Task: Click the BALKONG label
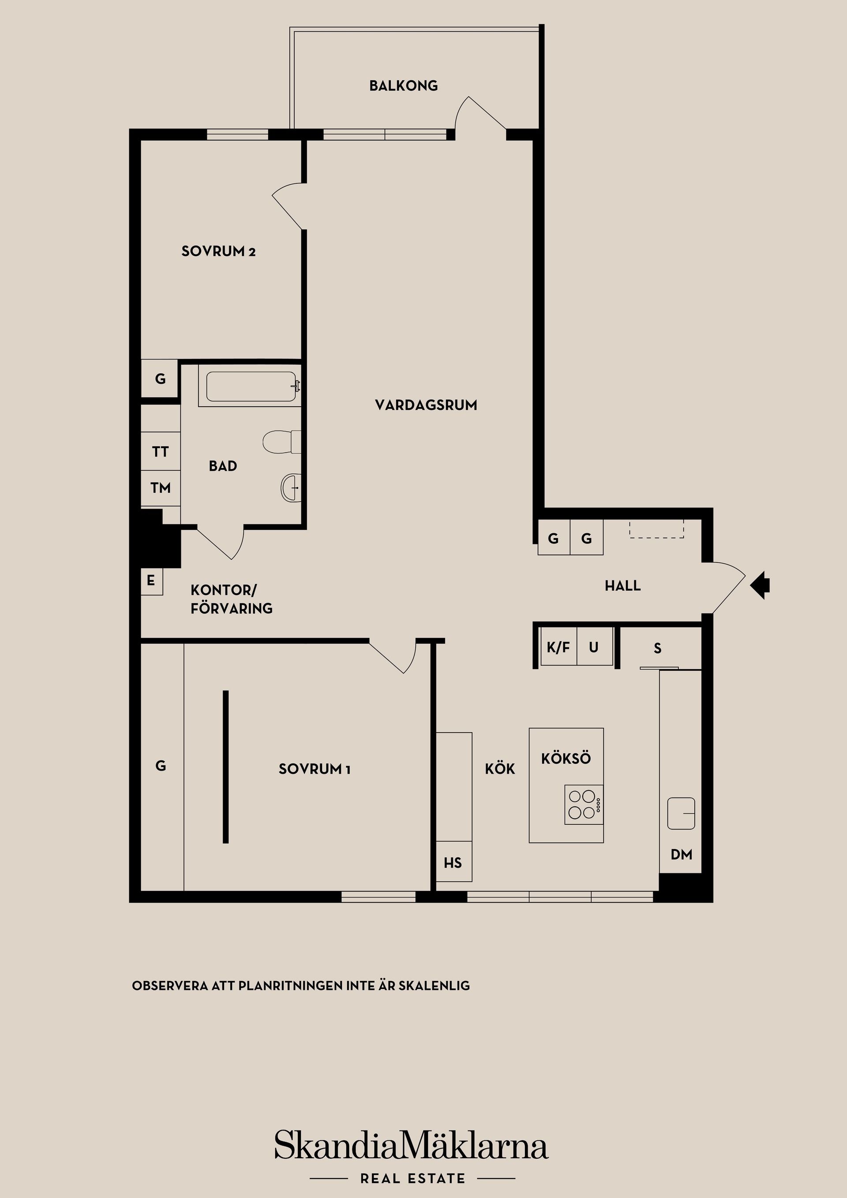403,86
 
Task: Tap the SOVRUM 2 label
219,251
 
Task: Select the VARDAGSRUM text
426,405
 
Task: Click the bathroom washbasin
291,487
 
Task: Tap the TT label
161,451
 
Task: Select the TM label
161,488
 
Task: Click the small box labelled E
152,581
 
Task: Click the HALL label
622,586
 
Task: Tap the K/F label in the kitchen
558,648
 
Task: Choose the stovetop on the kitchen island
584,804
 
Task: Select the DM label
681,854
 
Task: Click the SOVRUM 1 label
314,769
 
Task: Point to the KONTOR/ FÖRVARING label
231,599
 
